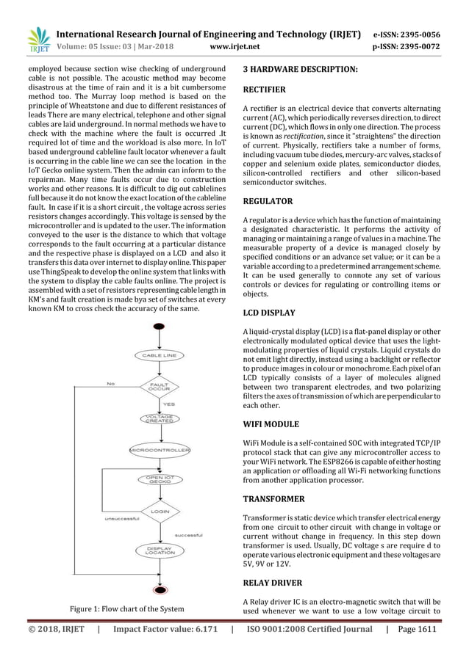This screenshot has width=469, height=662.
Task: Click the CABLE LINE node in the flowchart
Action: tap(160, 355)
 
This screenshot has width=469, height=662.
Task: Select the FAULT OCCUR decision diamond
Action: tap(160, 386)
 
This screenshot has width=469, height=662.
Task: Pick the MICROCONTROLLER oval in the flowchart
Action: tap(160, 448)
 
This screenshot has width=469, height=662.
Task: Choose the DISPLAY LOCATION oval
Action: tap(160, 550)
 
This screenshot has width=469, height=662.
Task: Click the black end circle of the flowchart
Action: tap(160, 589)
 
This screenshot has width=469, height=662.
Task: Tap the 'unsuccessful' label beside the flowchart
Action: tap(120, 520)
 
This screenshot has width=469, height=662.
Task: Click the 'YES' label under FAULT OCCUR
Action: tap(168, 403)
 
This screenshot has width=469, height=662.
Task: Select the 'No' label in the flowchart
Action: tap(110, 383)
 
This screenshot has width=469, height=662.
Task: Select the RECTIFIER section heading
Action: tap(264, 90)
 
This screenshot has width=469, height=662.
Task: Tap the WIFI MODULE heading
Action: tap(271, 424)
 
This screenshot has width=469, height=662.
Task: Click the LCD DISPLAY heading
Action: tap(269, 313)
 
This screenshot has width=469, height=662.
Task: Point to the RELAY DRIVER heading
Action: tap(272, 583)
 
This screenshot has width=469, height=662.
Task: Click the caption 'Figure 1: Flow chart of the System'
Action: tap(127, 608)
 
